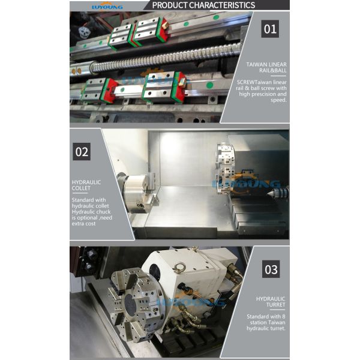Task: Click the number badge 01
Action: tap(270, 29)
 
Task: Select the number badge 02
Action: tap(82, 152)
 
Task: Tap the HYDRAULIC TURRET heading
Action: tap(270, 301)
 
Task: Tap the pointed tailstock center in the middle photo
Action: tap(280, 193)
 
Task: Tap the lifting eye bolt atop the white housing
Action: tap(194, 249)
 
